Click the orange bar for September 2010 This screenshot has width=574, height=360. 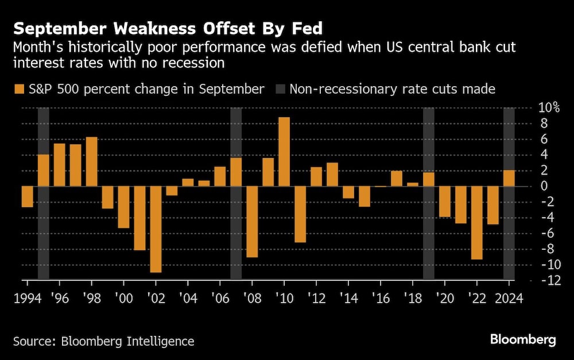click(284, 152)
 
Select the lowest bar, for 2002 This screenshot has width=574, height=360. click(156, 229)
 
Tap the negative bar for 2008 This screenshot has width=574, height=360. click(251, 222)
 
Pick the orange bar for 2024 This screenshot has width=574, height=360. click(509, 178)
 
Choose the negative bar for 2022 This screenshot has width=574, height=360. click(476, 223)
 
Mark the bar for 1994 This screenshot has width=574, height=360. click(27, 196)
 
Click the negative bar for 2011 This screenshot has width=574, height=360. click(300, 214)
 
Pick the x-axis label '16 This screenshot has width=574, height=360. click(381, 299)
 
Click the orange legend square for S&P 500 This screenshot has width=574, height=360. click(19, 89)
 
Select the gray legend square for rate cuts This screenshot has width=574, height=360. click(281, 89)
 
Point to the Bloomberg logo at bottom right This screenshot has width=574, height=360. click(522, 339)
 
